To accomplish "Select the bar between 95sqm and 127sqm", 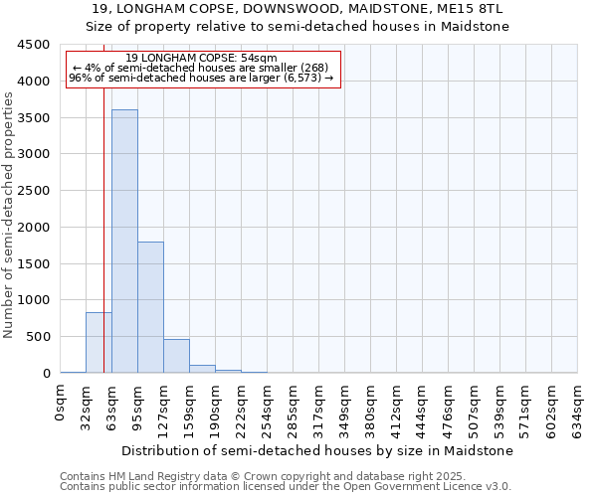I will (x=150, y=307).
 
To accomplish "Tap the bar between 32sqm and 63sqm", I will (x=99, y=343).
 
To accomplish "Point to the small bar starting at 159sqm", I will (x=202, y=369).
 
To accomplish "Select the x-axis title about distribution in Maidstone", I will (x=318, y=450).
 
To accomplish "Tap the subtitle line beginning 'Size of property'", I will (x=298, y=27).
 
